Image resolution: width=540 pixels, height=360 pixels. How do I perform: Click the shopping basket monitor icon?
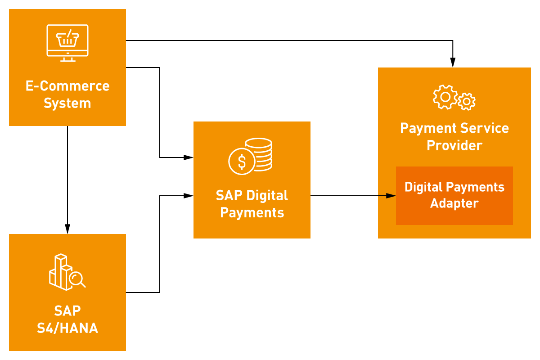pyautogui.click(x=67, y=43)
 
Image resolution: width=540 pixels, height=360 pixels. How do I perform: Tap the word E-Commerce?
pyautogui.click(x=67, y=86)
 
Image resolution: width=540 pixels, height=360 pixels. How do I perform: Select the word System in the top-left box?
pyautogui.click(x=67, y=103)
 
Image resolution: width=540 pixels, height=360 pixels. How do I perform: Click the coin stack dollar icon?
pyautogui.click(x=251, y=156)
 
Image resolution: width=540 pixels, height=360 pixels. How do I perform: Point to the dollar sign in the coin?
pyautogui.click(x=242, y=162)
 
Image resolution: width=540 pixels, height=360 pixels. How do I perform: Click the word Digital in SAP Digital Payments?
pyautogui.click(x=267, y=195)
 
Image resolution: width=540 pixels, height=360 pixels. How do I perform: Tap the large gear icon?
pyautogui.click(x=445, y=97)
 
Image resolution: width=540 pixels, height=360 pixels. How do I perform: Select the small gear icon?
pyautogui.click(x=467, y=102)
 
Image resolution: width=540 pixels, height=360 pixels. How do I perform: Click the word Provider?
pyautogui.click(x=454, y=145)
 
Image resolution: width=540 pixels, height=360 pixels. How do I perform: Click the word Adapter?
pyautogui.click(x=454, y=203)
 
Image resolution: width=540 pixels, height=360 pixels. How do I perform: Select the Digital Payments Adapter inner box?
pyautogui.click(x=454, y=196)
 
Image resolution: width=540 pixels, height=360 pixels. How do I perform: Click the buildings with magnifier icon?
pyautogui.click(x=67, y=272)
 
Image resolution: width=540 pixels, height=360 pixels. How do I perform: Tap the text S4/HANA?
pyautogui.click(x=67, y=328)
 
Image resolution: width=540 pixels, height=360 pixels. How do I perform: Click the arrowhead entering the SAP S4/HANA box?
pyautogui.click(x=67, y=229)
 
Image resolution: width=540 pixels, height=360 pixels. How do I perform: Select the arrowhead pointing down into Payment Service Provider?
pyautogui.click(x=453, y=63)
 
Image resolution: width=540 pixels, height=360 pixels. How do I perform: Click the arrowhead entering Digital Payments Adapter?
pyautogui.click(x=391, y=196)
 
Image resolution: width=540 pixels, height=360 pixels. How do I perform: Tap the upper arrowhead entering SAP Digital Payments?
pyautogui.click(x=189, y=157)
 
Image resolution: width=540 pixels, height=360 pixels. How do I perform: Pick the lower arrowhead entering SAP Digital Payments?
pyautogui.click(x=189, y=196)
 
